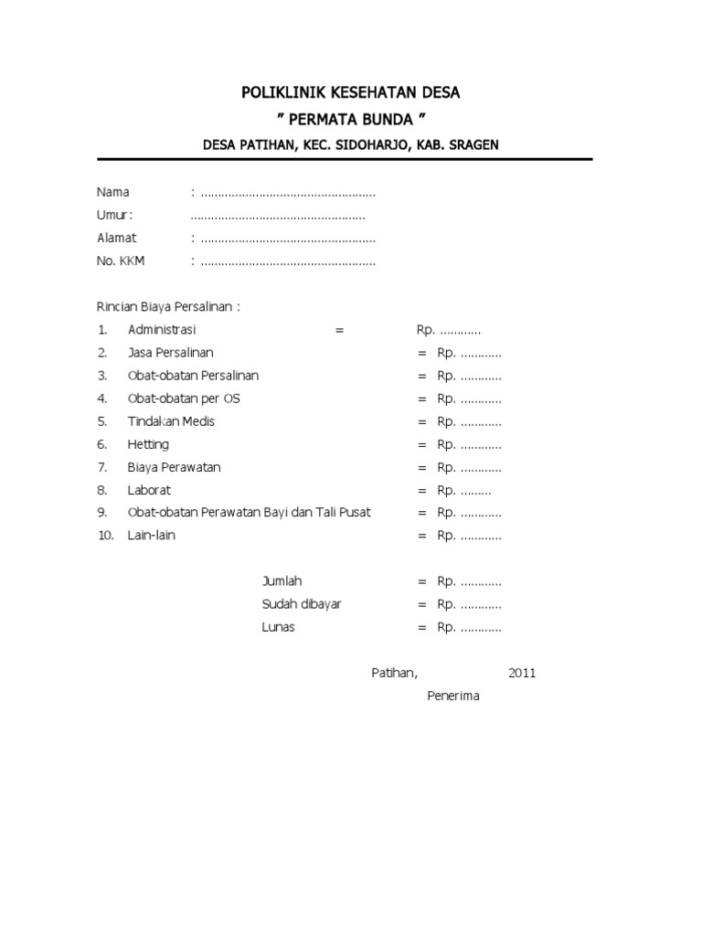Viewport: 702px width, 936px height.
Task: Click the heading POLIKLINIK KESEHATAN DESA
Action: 351,93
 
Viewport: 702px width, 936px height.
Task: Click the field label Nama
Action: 113,193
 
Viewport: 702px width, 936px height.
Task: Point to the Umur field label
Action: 115,216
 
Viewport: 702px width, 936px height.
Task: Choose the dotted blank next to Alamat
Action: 288,239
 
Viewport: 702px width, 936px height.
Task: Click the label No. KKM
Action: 121,261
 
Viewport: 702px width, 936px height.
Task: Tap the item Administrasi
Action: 162,330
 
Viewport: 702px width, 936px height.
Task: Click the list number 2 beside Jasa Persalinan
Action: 102,353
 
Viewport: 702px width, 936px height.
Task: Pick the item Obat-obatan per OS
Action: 184,399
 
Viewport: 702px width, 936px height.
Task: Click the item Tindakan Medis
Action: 171,421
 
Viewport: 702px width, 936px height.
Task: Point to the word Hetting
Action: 148,444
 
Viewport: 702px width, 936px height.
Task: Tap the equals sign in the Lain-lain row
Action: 422,537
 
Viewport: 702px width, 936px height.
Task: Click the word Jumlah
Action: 282,582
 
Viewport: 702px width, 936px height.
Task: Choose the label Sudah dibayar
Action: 302,605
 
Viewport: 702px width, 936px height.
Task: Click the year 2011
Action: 522,674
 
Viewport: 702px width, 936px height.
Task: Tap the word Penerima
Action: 453,697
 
